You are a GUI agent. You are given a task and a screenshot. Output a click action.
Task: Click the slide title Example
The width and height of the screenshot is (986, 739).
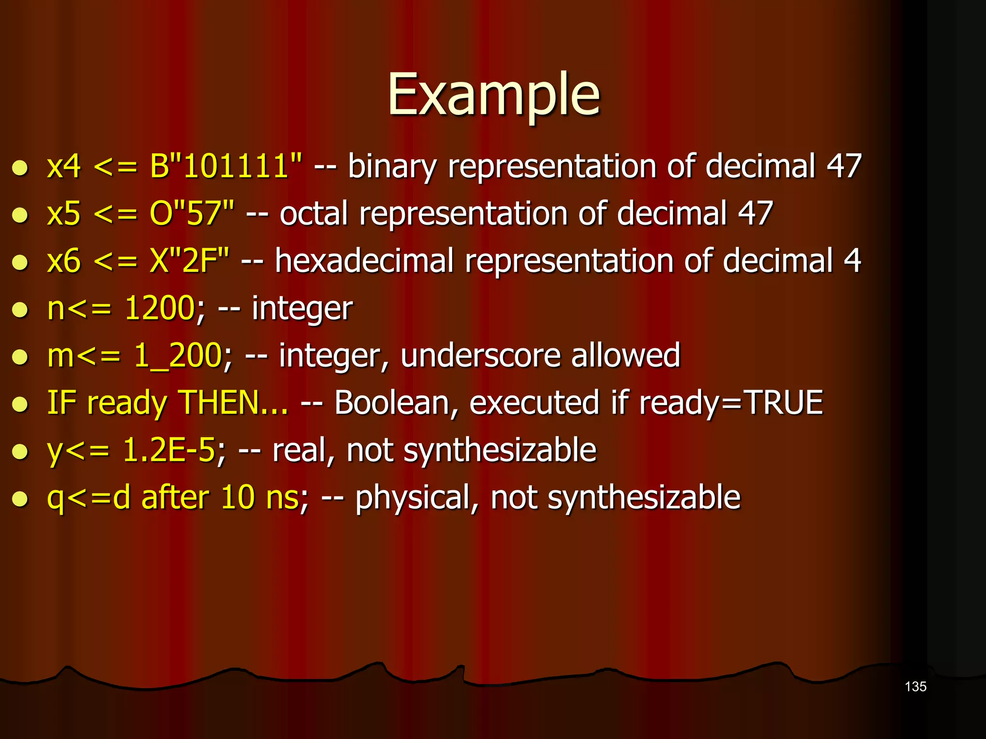(493, 95)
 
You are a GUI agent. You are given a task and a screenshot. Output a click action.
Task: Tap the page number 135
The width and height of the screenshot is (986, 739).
(915, 687)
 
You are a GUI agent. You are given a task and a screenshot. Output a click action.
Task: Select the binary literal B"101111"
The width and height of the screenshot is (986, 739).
(226, 166)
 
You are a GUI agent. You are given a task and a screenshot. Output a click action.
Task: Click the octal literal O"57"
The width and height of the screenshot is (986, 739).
(192, 214)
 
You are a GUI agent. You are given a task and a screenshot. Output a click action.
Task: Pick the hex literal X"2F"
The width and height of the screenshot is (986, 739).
(189, 261)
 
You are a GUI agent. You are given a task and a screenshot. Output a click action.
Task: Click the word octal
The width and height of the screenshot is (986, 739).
(313, 214)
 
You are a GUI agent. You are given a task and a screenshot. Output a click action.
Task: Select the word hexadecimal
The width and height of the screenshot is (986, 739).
(364, 261)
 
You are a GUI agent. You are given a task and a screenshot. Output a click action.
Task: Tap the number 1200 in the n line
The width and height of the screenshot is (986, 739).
(159, 308)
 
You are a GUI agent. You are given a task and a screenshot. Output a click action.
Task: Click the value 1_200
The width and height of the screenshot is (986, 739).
(177, 356)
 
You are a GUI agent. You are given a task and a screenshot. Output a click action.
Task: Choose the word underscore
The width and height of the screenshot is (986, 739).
(480, 356)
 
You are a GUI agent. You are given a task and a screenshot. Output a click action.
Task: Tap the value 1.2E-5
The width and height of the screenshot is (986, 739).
(169, 450)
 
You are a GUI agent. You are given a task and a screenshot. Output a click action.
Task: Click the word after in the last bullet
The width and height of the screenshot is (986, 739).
(175, 497)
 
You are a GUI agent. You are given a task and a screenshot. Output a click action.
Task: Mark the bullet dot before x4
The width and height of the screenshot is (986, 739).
(20, 168)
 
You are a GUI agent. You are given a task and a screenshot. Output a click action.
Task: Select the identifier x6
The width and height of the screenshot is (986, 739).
(64, 261)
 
